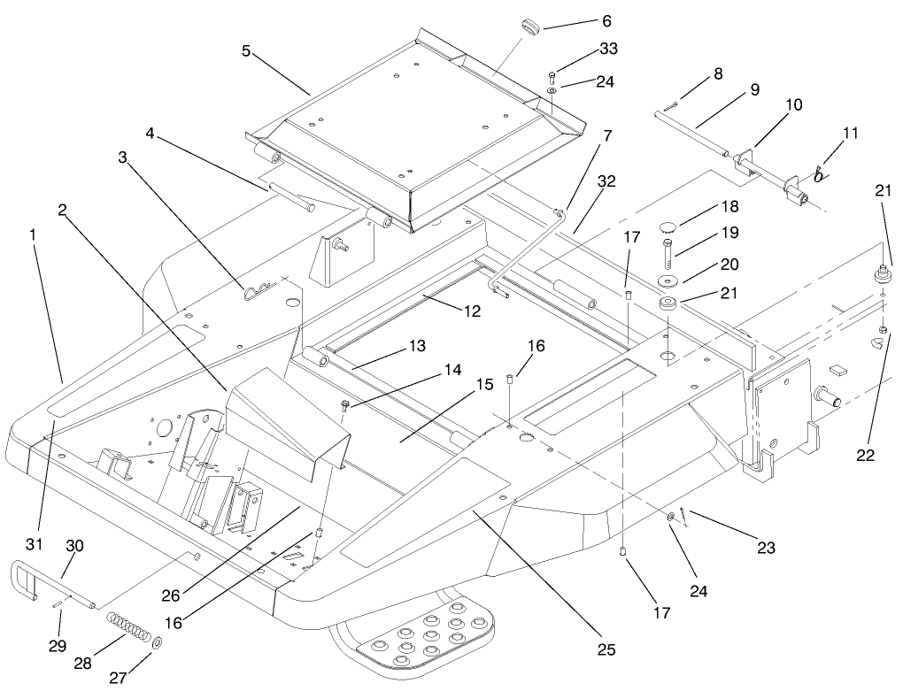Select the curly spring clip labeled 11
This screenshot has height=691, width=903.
pos(820,173)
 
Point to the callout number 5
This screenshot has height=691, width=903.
pos(246,51)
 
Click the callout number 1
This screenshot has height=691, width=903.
pos(33,237)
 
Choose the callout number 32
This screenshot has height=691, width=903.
pos(606,181)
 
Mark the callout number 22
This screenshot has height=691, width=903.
pos(865,455)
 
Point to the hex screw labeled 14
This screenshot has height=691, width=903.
pos(344,405)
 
